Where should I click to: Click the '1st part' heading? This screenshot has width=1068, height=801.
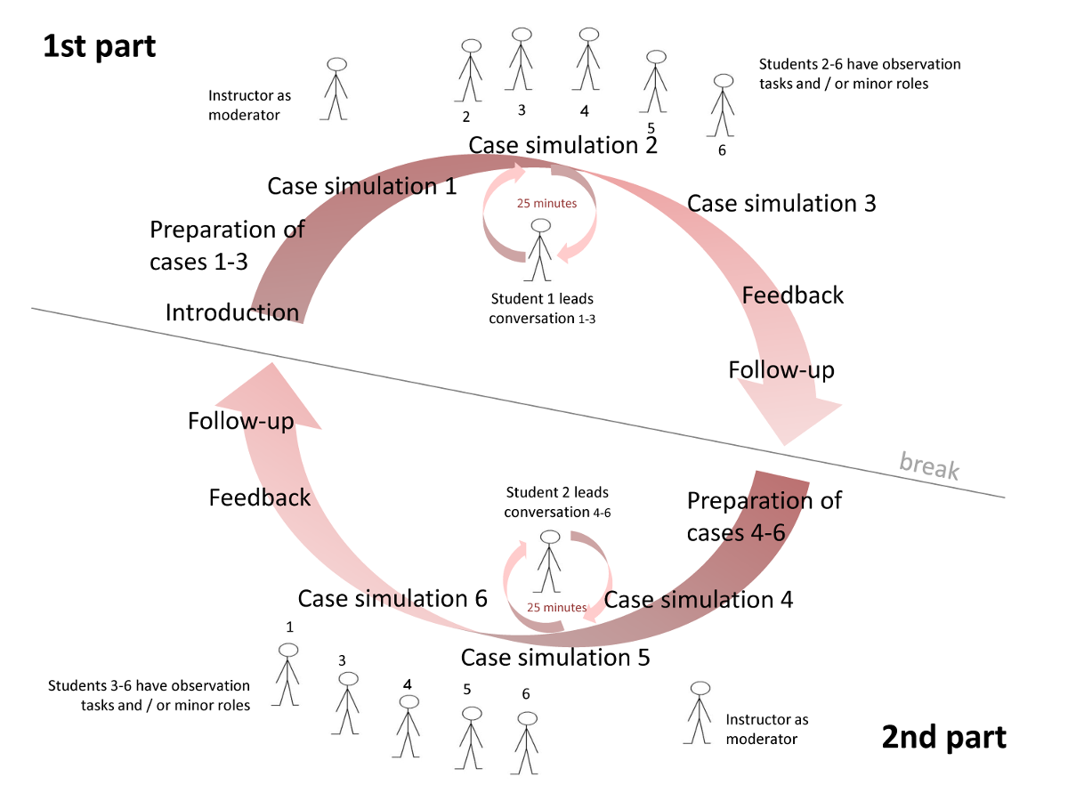click(x=100, y=46)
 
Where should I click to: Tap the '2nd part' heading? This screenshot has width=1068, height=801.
click(x=944, y=737)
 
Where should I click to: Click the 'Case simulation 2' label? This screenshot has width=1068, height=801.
click(x=562, y=145)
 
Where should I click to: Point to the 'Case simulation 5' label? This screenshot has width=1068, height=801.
click(x=554, y=658)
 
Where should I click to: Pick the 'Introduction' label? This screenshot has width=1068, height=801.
click(x=232, y=312)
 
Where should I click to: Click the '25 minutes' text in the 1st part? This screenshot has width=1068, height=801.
click(x=546, y=204)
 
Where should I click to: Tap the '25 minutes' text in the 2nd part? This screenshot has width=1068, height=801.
click(x=556, y=608)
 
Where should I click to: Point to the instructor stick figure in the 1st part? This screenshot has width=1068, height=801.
click(x=336, y=89)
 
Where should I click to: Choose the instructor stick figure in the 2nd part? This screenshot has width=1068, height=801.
click(x=700, y=713)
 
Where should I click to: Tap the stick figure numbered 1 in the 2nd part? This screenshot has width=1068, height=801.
click(x=287, y=675)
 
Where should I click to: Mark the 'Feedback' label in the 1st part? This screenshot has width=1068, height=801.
click(x=792, y=295)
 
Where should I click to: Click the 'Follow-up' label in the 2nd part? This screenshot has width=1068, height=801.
click(x=240, y=420)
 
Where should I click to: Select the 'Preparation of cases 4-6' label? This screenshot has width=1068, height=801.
click(x=764, y=516)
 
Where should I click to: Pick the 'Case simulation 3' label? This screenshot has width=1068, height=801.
click(x=781, y=203)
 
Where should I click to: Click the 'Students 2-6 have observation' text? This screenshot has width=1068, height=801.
click(x=860, y=64)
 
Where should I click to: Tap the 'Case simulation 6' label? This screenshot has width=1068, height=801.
click(x=392, y=598)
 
